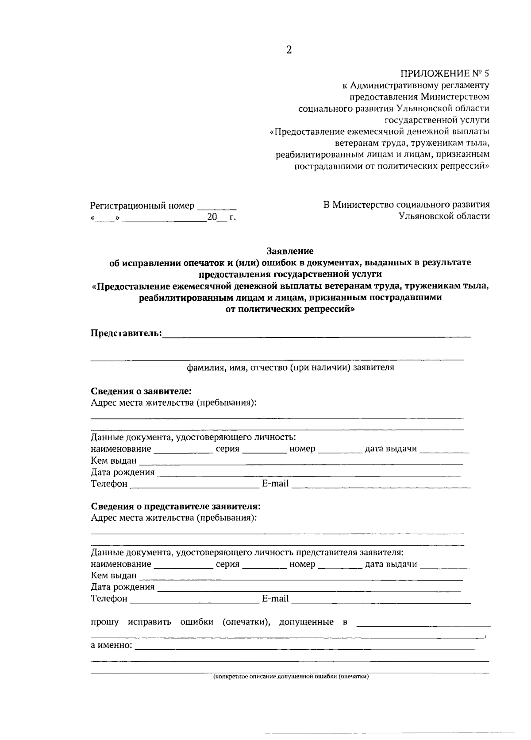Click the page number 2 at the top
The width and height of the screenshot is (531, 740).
(x=289, y=50)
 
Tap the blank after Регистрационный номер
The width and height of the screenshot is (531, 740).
(x=216, y=206)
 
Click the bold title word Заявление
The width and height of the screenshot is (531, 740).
(x=290, y=252)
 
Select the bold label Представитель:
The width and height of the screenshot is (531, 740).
(x=126, y=333)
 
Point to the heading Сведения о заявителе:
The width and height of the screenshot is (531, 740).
(x=141, y=391)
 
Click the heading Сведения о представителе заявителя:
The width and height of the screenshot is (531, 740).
(x=176, y=507)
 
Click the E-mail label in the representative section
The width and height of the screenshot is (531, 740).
(x=275, y=599)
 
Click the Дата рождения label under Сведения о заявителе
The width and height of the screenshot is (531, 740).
(x=123, y=473)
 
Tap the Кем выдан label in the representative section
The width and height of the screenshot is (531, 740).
(x=114, y=576)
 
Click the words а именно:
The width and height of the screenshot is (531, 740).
(x=112, y=645)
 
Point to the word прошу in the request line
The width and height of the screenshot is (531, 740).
(x=104, y=622)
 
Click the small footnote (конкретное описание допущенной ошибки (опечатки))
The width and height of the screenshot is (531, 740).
(x=291, y=677)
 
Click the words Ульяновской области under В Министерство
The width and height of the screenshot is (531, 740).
(x=444, y=216)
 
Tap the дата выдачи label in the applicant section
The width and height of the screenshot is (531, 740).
(x=391, y=449)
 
